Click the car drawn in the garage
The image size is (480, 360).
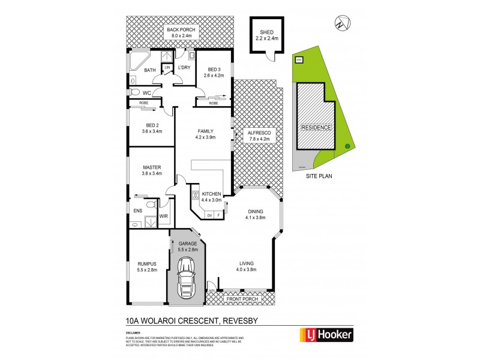(187, 278)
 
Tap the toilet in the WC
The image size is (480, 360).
(135, 92)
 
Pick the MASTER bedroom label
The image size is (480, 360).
(151, 167)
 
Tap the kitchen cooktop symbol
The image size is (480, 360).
(195, 194)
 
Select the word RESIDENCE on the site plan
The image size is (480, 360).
(316, 128)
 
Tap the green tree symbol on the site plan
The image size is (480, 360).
(346, 146)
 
